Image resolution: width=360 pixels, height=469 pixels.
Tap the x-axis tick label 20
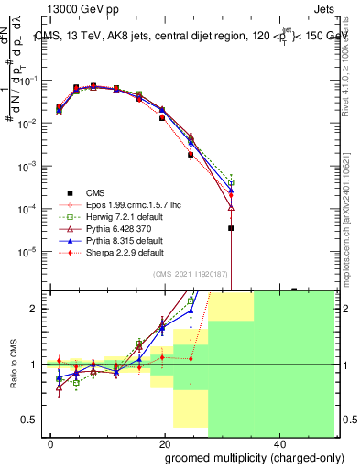[165, 444]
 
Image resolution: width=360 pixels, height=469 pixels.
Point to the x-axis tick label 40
[279, 444]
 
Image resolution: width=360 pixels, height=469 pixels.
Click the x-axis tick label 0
[50, 444]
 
